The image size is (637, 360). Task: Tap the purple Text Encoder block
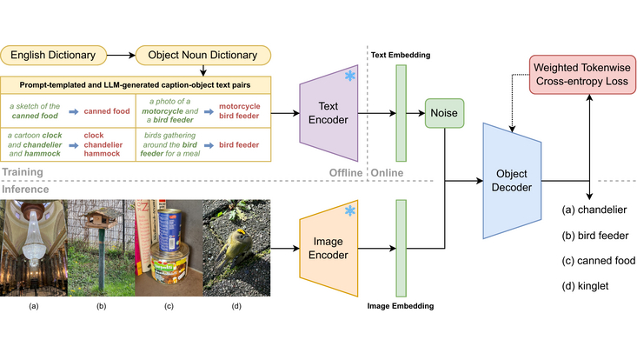pyautogui.click(x=329, y=112)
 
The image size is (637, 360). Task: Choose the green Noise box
pyautogui.click(x=443, y=113)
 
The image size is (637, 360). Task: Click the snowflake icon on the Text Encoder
pyautogui.click(x=349, y=77)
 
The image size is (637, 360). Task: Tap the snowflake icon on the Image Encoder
pyautogui.click(x=349, y=212)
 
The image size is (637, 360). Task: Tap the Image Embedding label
pyautogui.click(x=401, y=305)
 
